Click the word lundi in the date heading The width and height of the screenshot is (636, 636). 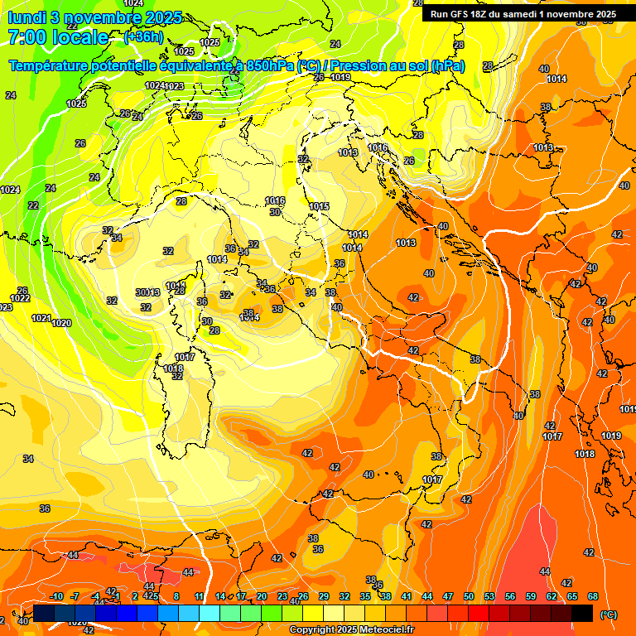pyautogui.click(x=27, y=17)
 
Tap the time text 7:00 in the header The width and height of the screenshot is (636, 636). pyautogui.click(x=27, y=37)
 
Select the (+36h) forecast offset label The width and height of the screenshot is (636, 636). pyautogui.click(x=142, y=37)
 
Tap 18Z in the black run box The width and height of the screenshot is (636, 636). pyautogui.click(x=491, y=14)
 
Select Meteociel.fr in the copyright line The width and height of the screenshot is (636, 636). pyautogui.click(x=386, y=630)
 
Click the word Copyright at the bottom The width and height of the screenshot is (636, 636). pyautogui.click(x=312, y=630)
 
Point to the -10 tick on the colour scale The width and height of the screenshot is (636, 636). pyautogui.click(x=56, y=596)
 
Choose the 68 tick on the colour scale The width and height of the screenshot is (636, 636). pyautogui.click(x=593, y=596)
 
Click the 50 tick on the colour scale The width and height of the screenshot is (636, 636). pyautogui.click(x=469, y=596)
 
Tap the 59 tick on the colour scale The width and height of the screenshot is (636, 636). pyautogui.click(x=531, y=596)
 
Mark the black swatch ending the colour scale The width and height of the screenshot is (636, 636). pyautogui.click(x=582, y=613)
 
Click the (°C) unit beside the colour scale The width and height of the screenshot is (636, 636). pyautogui.click(x=608, y=614)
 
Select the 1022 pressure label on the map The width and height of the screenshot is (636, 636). pyautogui.click(x=20, y=298)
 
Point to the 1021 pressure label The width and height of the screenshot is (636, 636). pyautogui.click(x=41, y=318)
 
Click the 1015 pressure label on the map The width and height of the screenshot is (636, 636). pyautogui.click(x=319, y=206)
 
